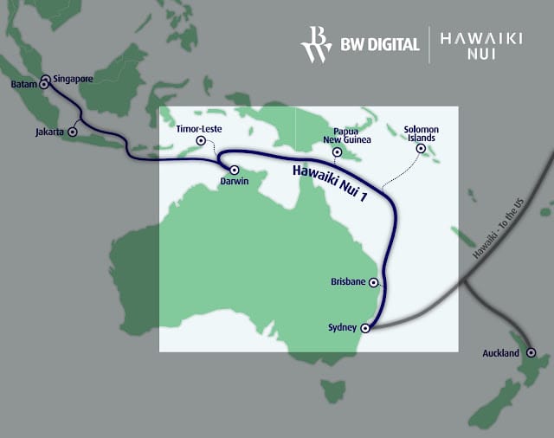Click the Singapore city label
tap(73, 78)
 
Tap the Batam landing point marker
tap(43, 85)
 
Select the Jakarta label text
tap(48, 133)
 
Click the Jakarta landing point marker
tap(73, 132)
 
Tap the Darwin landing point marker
tap(234, 170)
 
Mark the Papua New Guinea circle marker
tap(336, 153)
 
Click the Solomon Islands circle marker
tap(421, 148)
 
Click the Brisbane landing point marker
tap(373, 282)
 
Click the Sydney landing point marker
tap(364, 328)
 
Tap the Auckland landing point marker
tap(531, 352)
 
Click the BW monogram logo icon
tap(314, 44)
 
